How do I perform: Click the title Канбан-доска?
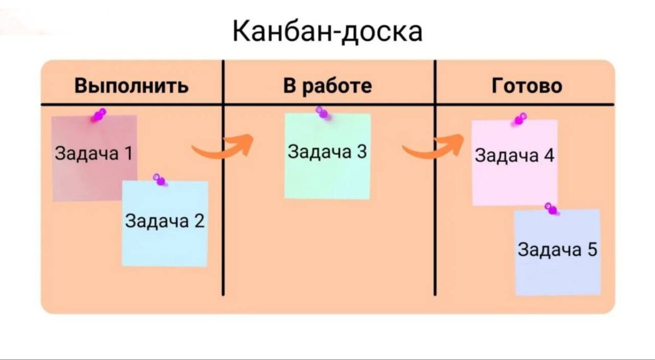pyautogui.click(x=327, y=31)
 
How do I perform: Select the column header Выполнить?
pyautogui.click(x=132, y=86)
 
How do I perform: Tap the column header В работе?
pyautogui.click(x=327, y=86)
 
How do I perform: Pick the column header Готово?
pyautogui.click(x=527, y=86)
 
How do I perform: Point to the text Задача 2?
pyautogui.click(x=165, y=221)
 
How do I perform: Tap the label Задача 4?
pyautogui.click(x=515, y=156)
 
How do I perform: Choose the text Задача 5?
pyautogui.click(x=557, y=250)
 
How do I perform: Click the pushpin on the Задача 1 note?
pyautogui.click(x=99, y=115)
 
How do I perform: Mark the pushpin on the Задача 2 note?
pyautogui.click(x=159, y=179)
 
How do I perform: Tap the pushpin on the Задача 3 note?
pyautogui.click(x=323, y=113)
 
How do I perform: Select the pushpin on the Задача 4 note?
pyautogui.click(x=519, y=119)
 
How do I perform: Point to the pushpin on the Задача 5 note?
pyautogui.click(x=551, y=208)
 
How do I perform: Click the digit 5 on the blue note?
pyautogui.click(x=592, y=250)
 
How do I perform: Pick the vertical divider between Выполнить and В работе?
pyautogui.click(x=223, y=218)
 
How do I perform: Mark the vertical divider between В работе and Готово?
pyautogui.click(x=435, y=218)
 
